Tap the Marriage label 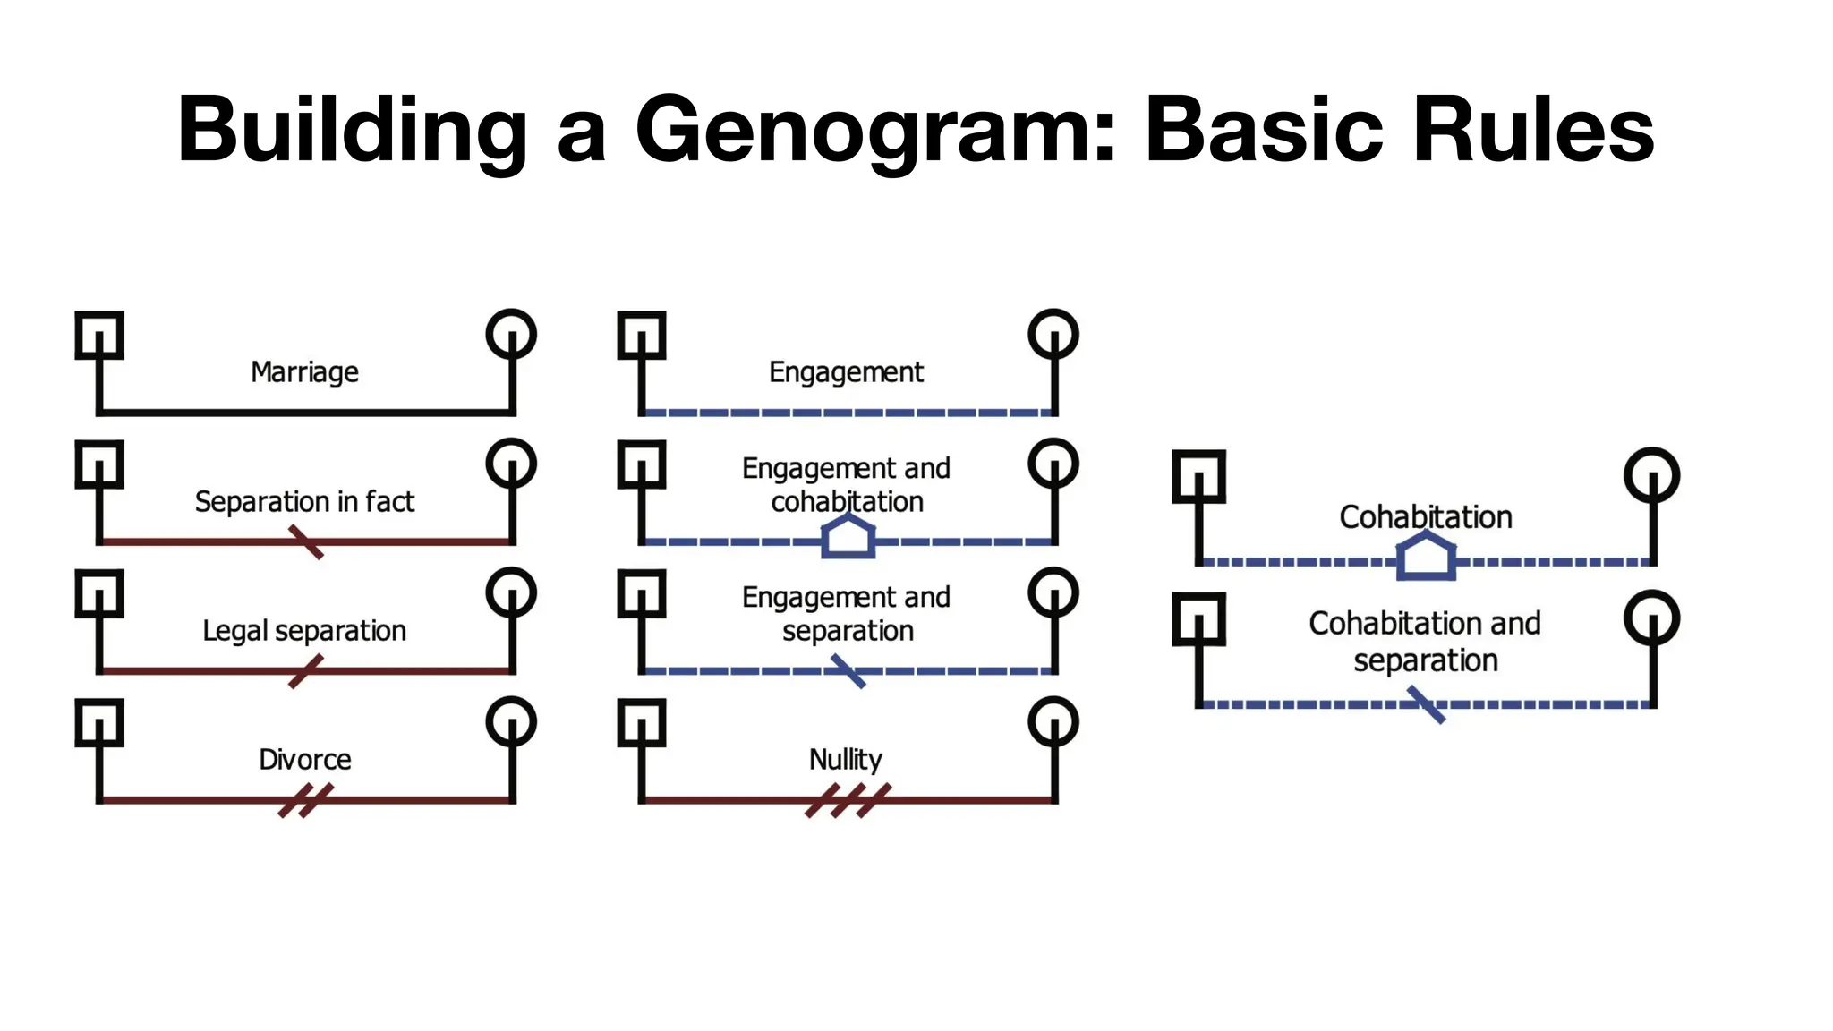304,371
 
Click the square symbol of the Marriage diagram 99,336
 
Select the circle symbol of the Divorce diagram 511,721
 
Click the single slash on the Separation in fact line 306,542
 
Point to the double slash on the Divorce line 305,800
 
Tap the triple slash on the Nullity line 848,800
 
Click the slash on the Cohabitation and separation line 1426,704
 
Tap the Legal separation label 304,631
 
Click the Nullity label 846,760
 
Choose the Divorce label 304,760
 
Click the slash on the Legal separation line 306,671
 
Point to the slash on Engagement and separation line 848,671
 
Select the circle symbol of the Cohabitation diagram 1651,475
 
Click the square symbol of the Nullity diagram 642,722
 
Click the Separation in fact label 304,502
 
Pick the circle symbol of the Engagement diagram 1053,335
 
